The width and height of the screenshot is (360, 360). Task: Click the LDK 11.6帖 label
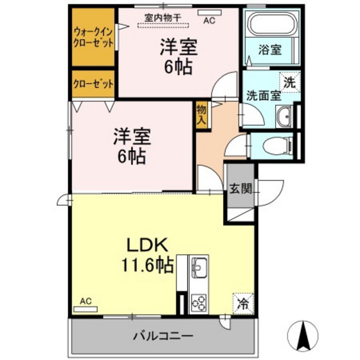tap(146, 255)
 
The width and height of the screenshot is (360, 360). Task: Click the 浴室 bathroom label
tap(268, 49)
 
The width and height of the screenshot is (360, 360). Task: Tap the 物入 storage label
tap(201, 114)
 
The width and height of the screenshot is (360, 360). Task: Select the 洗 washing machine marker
tap(291, 82)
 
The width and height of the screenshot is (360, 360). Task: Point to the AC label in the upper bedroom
tap(209, 20)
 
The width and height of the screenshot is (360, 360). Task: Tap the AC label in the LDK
tap(85, 300)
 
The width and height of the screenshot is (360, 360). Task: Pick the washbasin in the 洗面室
tap(285, 117)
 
